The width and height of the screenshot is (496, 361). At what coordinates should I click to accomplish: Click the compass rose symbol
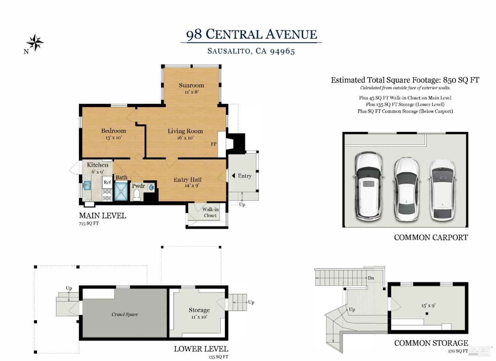pyautogui.click(x=35, y=43)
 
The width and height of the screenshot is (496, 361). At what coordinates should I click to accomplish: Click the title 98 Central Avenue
pyautogui.click(x=251, y=34)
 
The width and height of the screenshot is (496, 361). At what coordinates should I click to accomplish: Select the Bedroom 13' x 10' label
pyautogui.click(x=113, y=134)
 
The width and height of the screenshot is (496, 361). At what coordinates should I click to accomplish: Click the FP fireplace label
pyautogui.click(x=214, y=144)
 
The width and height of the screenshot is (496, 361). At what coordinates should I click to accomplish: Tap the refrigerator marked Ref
pyautogui.click(x=107, y=182)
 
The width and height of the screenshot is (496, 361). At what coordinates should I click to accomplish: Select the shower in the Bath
pyautogui.click(x=121, y=191)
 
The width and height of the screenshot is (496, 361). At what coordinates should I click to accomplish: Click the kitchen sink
pyautogui.click(x=87, y=185)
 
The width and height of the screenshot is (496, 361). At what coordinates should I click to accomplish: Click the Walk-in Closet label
pyautogui.click(x=210, y=212)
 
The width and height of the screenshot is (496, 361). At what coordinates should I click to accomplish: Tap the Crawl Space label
pyautogui.click(x=125, y=314)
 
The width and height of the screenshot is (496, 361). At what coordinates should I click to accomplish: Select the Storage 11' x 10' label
pyautogui.click(x=199, y=313)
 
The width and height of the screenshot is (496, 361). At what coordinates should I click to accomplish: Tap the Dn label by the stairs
pyautogui.click(x=371, y=278)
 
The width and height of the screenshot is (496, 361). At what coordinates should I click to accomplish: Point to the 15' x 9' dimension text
pyautogui.click(x=428, y=306)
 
